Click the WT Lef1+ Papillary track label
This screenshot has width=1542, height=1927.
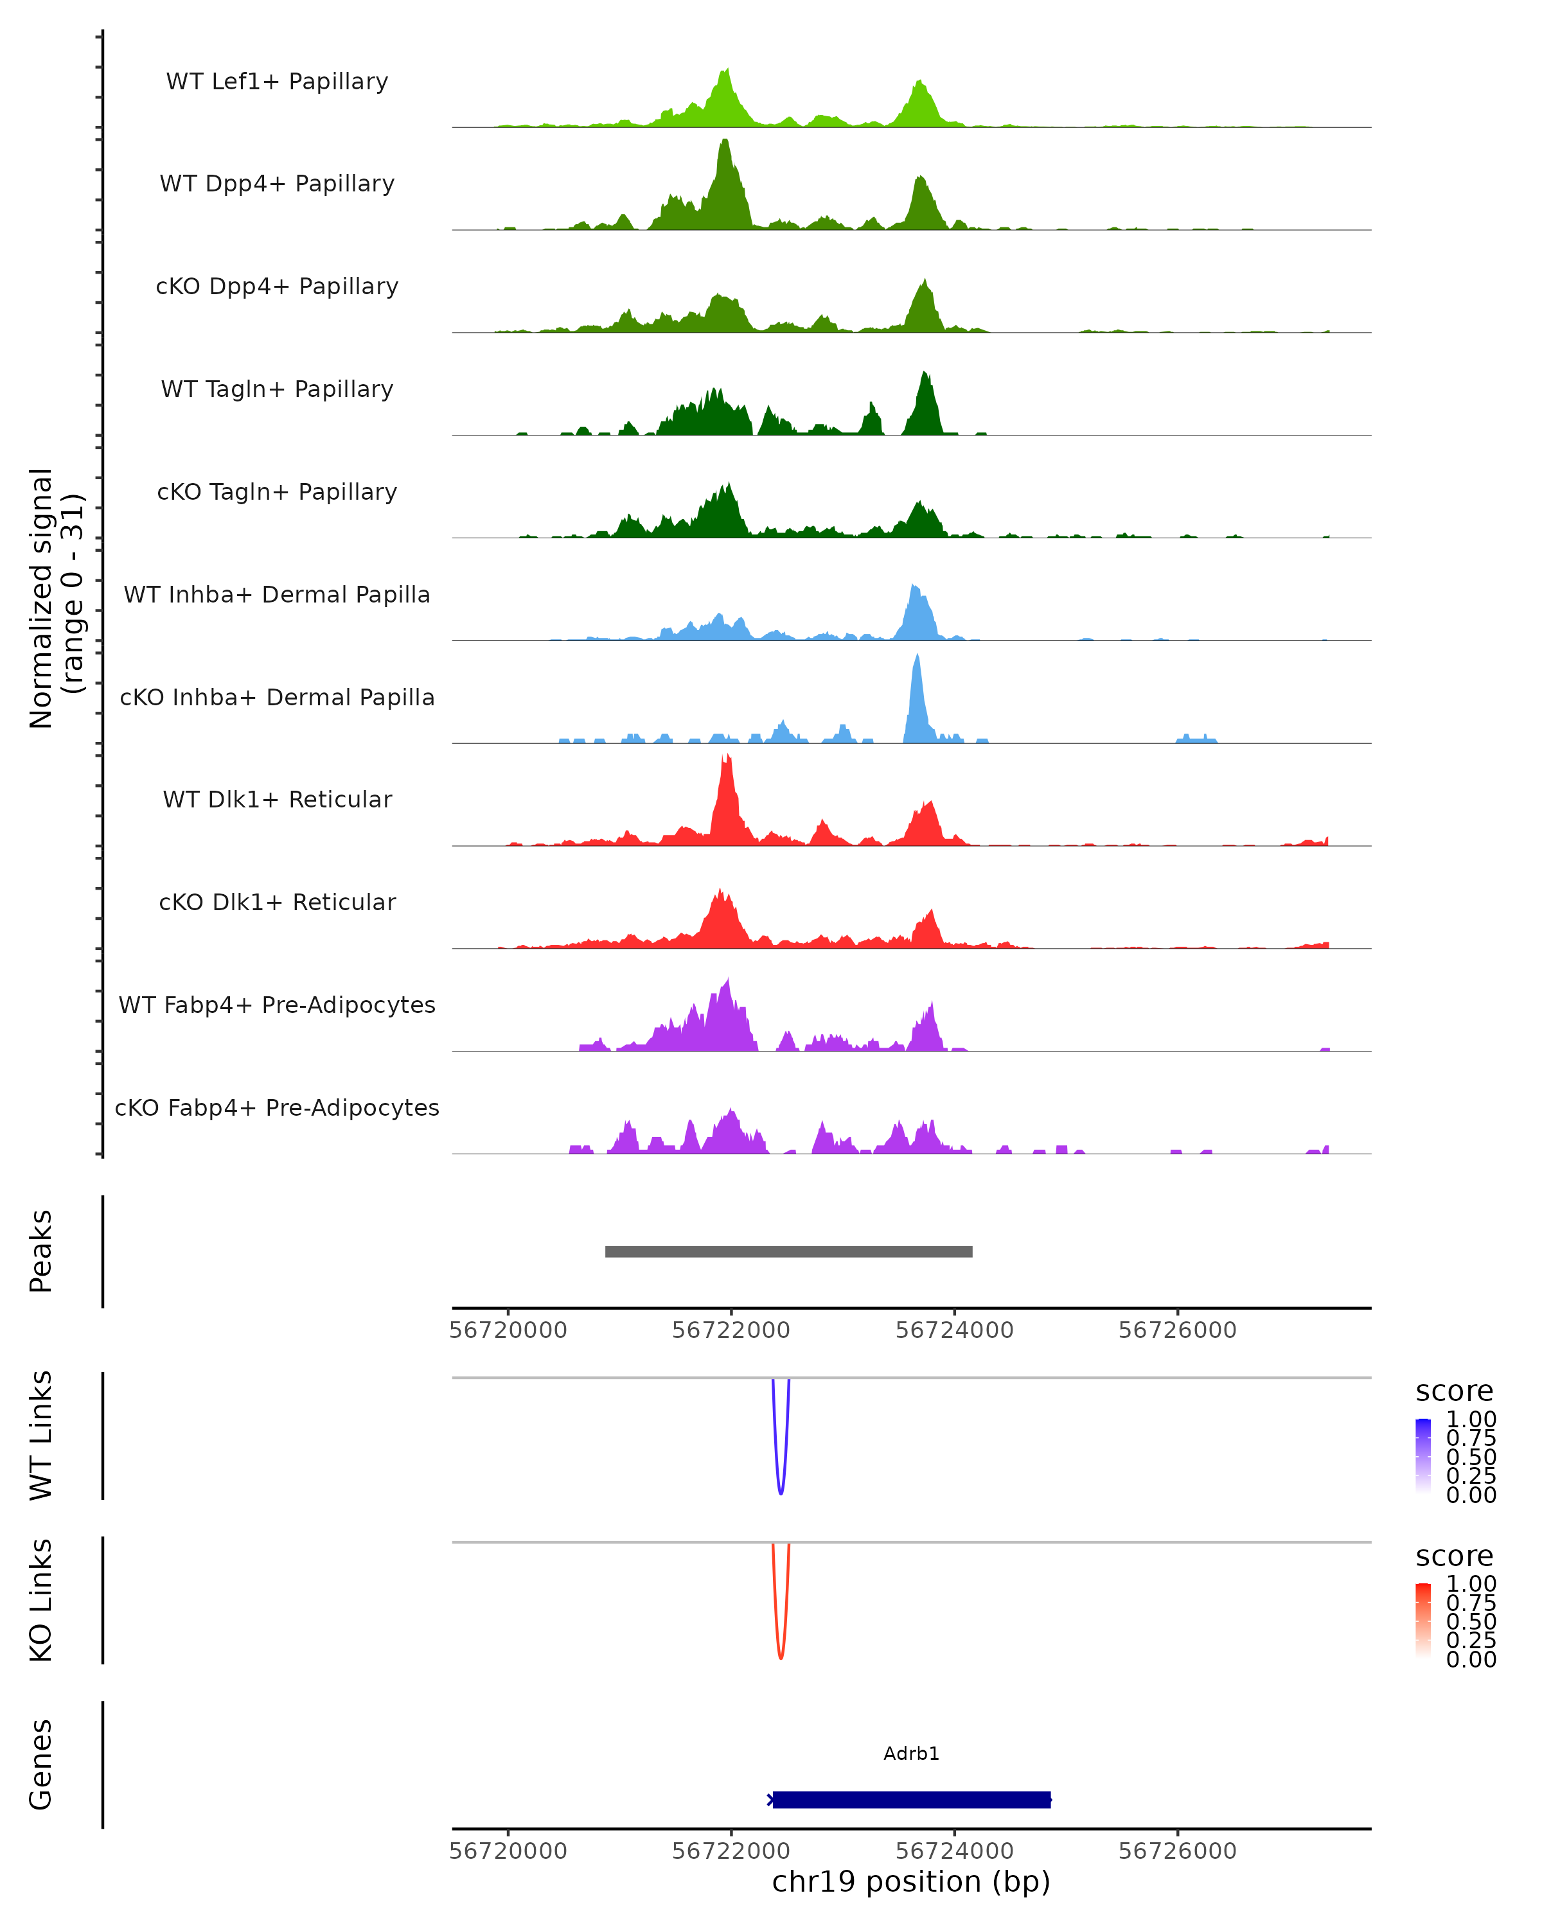277,82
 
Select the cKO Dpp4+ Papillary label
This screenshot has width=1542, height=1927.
277,286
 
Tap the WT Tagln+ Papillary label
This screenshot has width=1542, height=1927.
277,389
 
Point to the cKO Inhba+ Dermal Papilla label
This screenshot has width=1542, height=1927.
277,697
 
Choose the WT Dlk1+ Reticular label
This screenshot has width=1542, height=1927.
277,799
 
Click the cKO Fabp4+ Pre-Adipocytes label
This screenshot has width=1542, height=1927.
277,1107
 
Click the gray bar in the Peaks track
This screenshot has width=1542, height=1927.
788,1251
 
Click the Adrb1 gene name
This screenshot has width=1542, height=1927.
911,1754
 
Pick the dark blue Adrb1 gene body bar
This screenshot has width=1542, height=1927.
911,1799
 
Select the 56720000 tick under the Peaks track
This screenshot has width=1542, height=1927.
508,1330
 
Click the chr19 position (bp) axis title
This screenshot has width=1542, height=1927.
911,1881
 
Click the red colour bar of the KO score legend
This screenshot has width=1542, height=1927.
1423,1619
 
